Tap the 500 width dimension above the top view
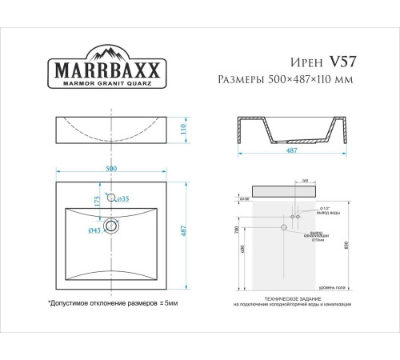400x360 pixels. point(112,170)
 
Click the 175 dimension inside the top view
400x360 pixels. point(98,204)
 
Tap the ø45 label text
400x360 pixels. point(94,231)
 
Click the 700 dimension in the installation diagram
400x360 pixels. point(237,230)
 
